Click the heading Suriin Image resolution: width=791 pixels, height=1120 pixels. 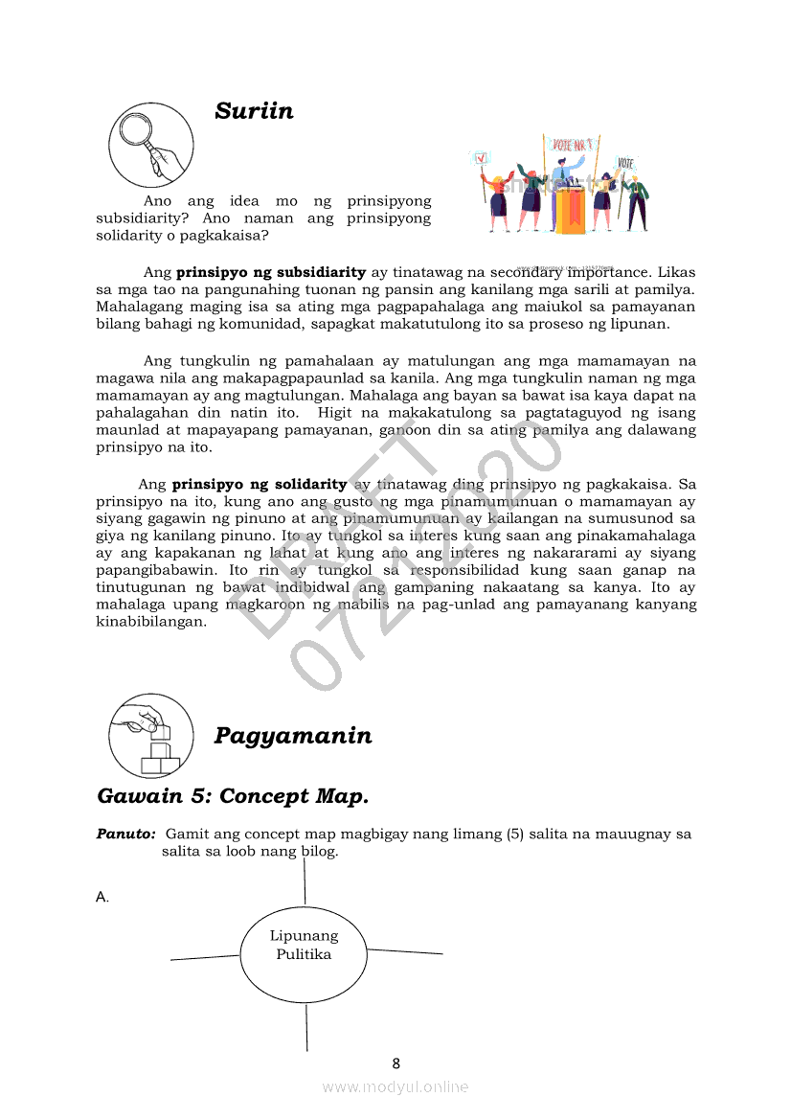pyautogui.click(x=254, y=111)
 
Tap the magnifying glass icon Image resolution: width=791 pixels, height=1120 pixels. pyautogui.click(x=150, y=145)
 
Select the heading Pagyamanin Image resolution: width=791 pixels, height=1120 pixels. pyautogui.click(x=293, y=736)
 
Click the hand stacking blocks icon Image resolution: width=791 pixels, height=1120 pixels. pyautogui.click(x=150, y=736)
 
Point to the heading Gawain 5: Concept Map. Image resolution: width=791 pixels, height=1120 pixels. pyautogui.click(x=233, y=796)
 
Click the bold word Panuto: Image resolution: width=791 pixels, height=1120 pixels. pyautogui.click(x=125, y=834)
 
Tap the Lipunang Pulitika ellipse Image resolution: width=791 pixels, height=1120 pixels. pyautogui.click(x=304, y=954)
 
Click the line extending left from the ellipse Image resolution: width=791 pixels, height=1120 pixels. pyautogui.click(x=205, y=956)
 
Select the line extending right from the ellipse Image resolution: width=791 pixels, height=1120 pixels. pyautogui.click(x=405, y=951)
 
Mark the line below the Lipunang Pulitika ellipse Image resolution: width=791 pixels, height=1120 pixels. pyautogui.click(x=307, y=1027)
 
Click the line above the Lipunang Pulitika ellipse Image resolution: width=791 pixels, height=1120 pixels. pyautogui.click(x=305, y=881)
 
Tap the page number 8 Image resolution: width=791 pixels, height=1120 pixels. pyautogui.click(x=395, y=1063)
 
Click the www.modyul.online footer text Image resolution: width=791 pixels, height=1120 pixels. pyautogui.click(x=395, y=1087)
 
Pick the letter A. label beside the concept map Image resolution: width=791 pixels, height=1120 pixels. pyautogui.click(x=102, y=898)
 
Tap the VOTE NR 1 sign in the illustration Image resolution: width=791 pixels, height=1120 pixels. pyautogui.click(x=574, y=145)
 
